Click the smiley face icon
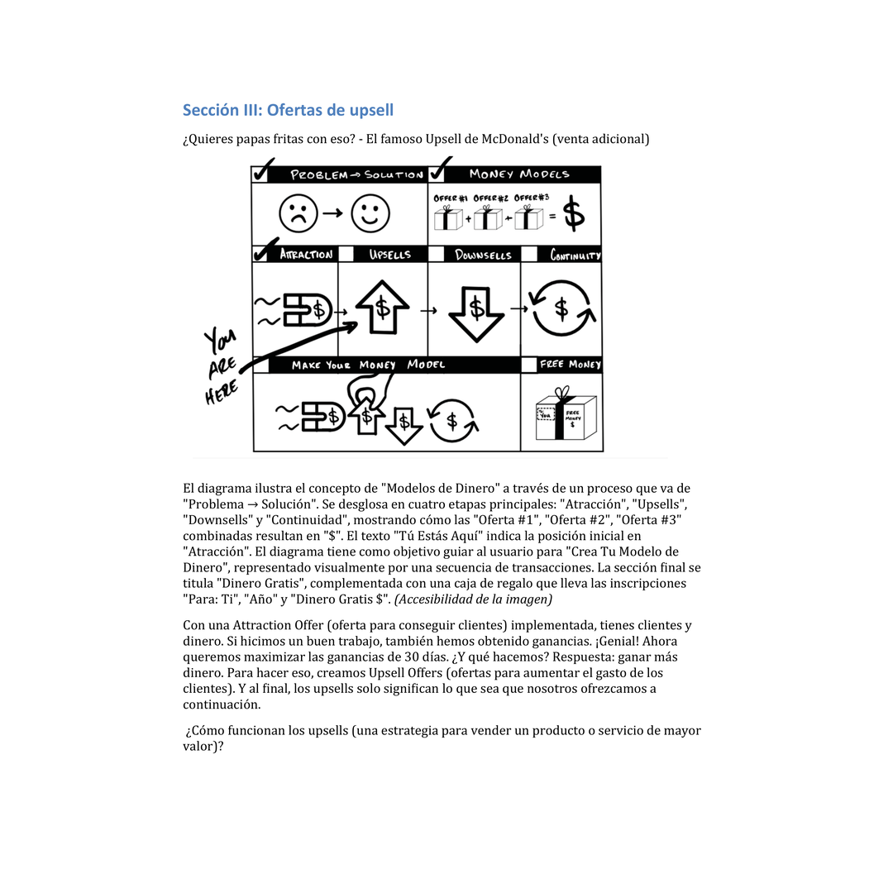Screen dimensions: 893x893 click(370, 213)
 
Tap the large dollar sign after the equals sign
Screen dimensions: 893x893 click(574, 215)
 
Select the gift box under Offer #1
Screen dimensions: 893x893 click(448, 218)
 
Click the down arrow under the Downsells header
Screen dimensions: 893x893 click(475, 312)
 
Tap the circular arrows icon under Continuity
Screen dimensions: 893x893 click(561, 308)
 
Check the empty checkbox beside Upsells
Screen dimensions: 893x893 click(346, 255)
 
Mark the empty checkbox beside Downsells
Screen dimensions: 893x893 click(436, 255)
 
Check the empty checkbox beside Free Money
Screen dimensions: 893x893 click(528, 365)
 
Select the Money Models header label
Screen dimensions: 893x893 click(519, 174)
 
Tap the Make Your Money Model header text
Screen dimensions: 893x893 click(368, 365)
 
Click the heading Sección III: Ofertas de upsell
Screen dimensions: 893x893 click(288, 110)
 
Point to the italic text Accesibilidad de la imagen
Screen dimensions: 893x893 click(473, 599)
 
